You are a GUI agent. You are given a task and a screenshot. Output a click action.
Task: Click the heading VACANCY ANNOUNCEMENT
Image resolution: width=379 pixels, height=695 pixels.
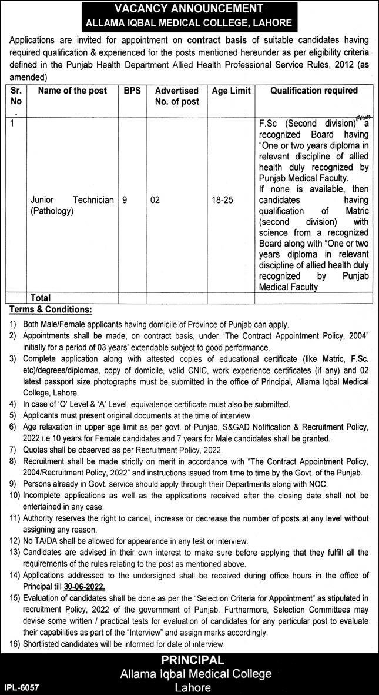(189, 9)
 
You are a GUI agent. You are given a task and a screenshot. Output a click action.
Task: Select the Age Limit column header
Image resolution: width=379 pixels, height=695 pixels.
(231, 91)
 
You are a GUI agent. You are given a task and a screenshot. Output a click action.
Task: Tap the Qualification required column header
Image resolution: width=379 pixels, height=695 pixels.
(314, 91)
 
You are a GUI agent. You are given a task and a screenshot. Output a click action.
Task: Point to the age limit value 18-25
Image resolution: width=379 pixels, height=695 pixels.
(223, 200)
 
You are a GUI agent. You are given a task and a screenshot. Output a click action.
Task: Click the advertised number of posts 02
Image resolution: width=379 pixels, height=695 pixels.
(155, 200)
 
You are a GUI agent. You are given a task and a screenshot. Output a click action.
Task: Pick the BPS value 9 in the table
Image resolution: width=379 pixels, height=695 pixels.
(125, 200)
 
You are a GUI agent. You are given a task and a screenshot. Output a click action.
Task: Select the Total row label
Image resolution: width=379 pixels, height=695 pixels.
(40, 298)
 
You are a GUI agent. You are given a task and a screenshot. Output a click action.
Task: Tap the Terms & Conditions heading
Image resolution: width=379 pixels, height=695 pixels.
(51, 310)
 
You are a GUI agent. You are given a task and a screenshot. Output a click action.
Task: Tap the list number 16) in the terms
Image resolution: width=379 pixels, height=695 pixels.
(14, 644)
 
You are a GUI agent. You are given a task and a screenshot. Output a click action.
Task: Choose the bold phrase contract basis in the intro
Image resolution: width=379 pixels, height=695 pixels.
(216, 40)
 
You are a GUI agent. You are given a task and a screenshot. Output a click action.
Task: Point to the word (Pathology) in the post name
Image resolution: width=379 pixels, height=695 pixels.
(52, 211)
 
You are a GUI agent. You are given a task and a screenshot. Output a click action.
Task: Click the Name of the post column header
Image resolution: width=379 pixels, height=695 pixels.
(72, 91)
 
